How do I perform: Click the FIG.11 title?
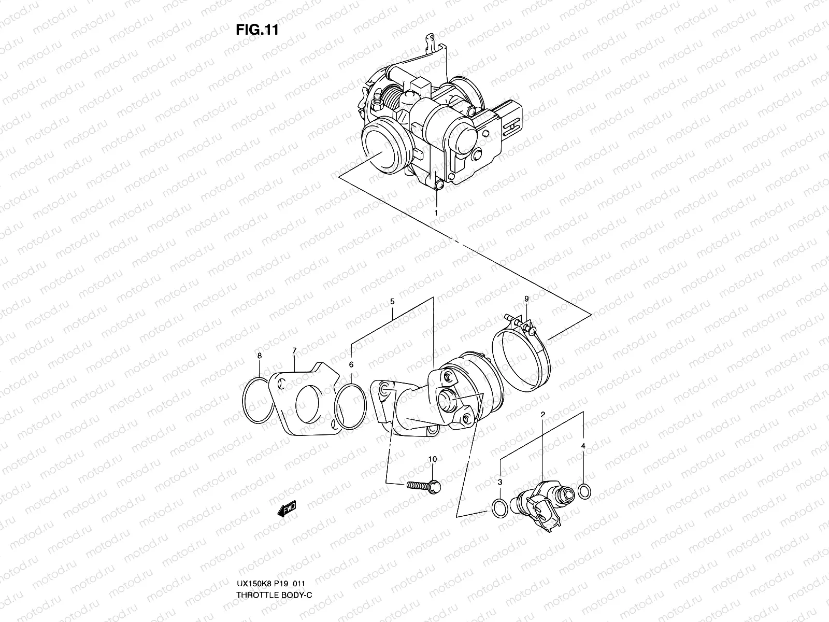(x=258, y=30)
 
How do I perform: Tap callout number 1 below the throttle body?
(x=436, y=213)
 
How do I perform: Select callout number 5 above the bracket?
(x=392, y=301)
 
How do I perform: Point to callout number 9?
(x=526, y=299)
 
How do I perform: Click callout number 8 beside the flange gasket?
(x=260, y=356)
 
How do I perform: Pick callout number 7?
(x=294, y=351)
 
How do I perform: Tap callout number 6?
(x=351, y=365)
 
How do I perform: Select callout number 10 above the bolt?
(x=432, y=459)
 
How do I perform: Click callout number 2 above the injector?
(x=542, y=415)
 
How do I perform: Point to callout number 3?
(x=499, y=482)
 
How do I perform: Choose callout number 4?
(x=583, y=446)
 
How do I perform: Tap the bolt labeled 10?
(x=422, y=486)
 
